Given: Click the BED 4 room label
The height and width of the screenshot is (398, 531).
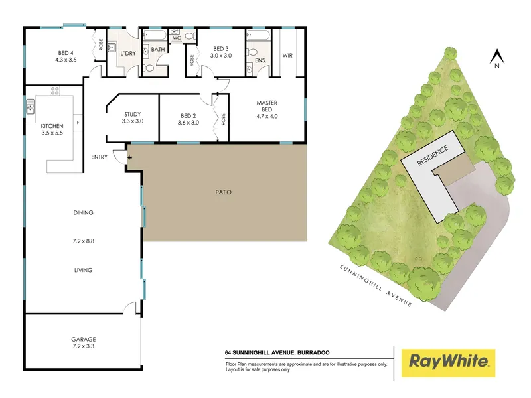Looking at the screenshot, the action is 66,53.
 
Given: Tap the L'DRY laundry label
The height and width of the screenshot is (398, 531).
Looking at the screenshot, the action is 128,54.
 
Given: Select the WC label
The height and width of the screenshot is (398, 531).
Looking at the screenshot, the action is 177,38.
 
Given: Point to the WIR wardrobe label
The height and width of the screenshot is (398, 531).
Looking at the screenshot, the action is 287,56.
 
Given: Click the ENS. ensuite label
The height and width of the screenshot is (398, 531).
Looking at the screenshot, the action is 261,60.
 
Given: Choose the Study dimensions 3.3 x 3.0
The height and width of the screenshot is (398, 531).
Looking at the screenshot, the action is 133,121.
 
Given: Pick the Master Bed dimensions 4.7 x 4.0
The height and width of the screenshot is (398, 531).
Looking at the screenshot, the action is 267,117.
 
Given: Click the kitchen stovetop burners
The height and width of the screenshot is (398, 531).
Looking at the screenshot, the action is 55,90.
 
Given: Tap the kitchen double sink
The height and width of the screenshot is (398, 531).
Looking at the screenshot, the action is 30,106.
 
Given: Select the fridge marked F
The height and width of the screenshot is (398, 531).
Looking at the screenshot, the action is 78,123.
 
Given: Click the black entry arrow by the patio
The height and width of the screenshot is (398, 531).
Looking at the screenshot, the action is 129,157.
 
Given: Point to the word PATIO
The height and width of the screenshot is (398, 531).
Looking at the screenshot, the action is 224,192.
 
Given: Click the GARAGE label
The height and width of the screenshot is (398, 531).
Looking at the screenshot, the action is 84,339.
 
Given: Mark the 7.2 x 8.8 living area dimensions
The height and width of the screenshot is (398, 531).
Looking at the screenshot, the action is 84,241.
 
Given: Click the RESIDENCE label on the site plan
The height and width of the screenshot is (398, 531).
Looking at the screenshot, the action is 433,155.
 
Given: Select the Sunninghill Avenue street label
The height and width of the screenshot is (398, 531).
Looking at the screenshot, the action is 376,286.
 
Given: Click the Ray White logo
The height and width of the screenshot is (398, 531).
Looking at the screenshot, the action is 449,363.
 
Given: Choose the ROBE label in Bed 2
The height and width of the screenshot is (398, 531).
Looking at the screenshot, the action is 223,119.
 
